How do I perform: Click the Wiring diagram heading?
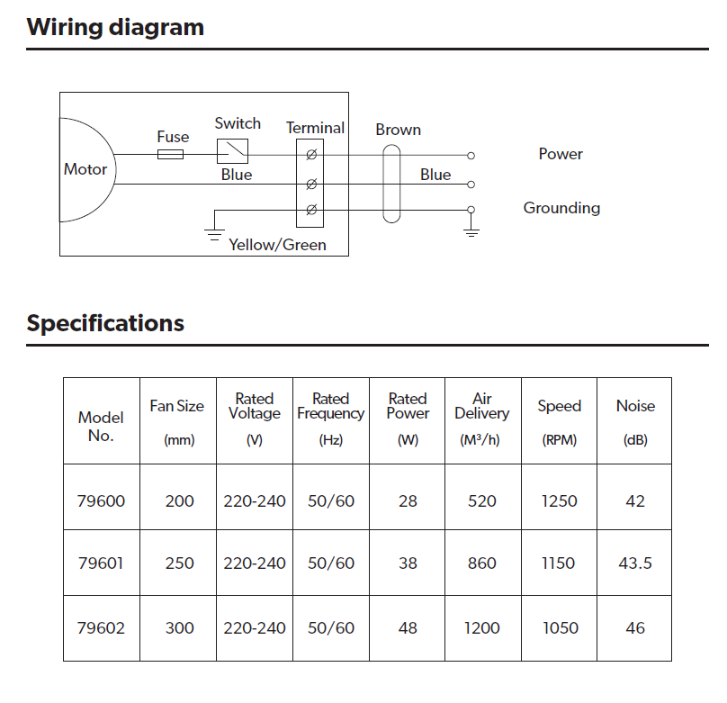pos(115,27)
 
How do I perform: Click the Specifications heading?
pos(105,323)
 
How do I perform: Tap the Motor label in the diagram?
pos(85,169)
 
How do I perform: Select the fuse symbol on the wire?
pos(170,155)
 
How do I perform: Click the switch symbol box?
pos(232,149)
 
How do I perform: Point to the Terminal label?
pos(315,128)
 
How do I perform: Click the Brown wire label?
pos(398,130)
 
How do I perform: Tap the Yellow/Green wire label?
pos(277,245)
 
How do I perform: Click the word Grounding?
pos(561,208)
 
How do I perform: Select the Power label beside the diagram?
pos(561,154)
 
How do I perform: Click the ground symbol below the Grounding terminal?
pos(471,230)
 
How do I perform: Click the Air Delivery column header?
pos(482,406)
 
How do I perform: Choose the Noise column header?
pos(635,406)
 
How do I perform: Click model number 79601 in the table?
pos(101,563)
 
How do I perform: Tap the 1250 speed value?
pos(559,501)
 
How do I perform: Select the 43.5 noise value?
pos(635,563)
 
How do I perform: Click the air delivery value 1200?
pos(482,628)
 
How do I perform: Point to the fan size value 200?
pos(179,501)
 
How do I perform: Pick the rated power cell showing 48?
pos(408,628)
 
